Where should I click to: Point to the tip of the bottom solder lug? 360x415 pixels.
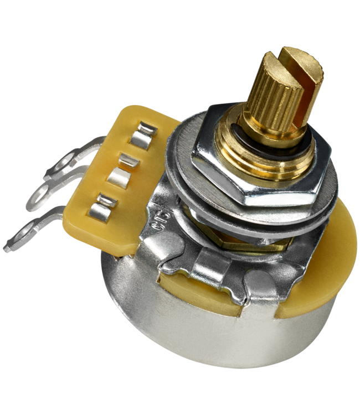tap(6, 249)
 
